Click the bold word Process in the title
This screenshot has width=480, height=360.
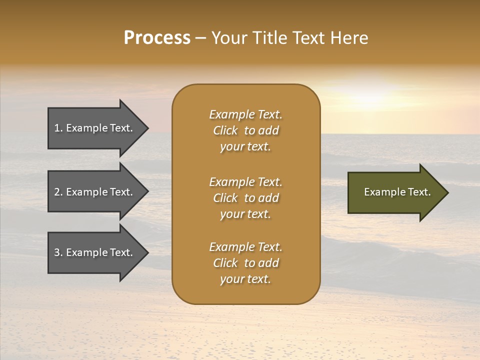pos(157,38)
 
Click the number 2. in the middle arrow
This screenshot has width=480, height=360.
pos(58,192)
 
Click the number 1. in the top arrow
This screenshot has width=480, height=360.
pos(58,128)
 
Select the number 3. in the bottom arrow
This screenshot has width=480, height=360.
pos(58,252)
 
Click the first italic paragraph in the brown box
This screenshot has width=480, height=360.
pos(245,130)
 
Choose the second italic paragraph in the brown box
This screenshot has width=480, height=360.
pos(245,198)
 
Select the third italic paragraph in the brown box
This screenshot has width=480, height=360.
pos(245,263)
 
